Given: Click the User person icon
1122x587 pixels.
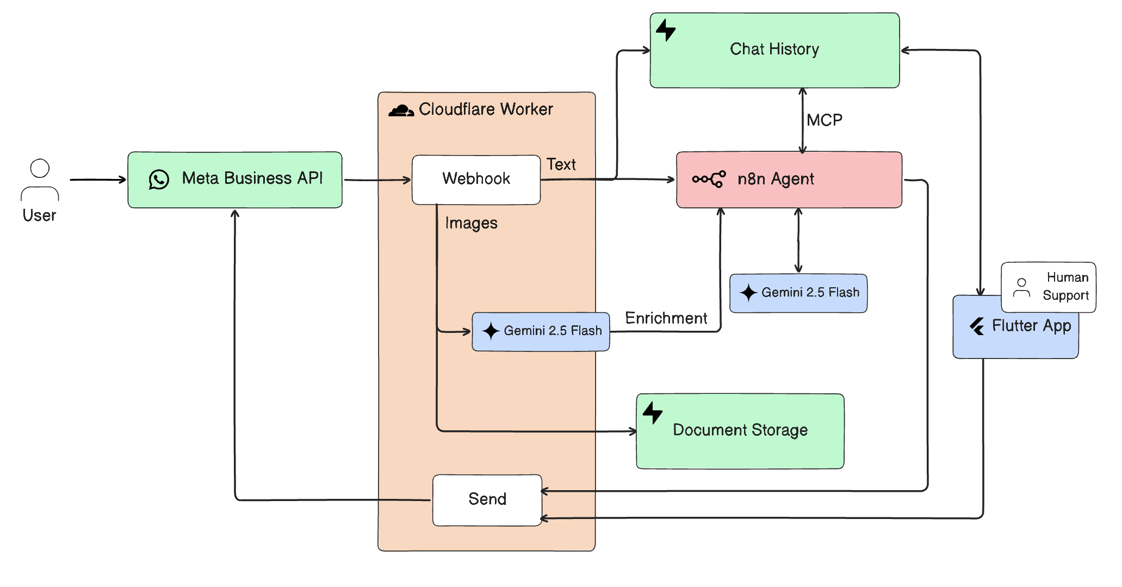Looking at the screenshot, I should (40, 180).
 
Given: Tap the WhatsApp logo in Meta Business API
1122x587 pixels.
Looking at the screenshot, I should (159, 180).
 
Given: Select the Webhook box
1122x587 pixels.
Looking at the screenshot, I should (476, 180).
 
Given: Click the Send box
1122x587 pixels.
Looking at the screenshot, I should (487, 499).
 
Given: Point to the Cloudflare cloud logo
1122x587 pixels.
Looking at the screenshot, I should (401, 110).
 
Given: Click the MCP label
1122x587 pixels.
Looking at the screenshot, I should (824, 120).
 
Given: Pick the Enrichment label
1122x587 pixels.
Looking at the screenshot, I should (666, 318).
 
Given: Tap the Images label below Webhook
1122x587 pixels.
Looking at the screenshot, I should (471, 223).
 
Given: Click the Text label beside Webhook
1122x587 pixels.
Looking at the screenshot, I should (561, 164).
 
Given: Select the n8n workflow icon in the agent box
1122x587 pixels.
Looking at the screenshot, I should (709, 179).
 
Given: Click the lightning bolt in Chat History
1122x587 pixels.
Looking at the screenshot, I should (665, 30).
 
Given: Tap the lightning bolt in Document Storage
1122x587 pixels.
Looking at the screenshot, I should (652, 413).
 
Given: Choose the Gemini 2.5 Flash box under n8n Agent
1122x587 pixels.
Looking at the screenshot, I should (798, 293).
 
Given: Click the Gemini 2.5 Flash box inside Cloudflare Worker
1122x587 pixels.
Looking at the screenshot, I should (541, 331).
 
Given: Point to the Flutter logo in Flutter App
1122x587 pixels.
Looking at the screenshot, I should (977, 326).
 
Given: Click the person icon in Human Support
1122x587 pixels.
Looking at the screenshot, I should (1021, 288).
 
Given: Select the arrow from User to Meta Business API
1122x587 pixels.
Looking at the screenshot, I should (98, 180).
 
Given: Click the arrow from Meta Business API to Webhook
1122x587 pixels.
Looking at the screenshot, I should (377, 180).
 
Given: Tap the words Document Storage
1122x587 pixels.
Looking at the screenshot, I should (740, 430).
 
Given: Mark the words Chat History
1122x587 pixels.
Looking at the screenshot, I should (774, 50).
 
